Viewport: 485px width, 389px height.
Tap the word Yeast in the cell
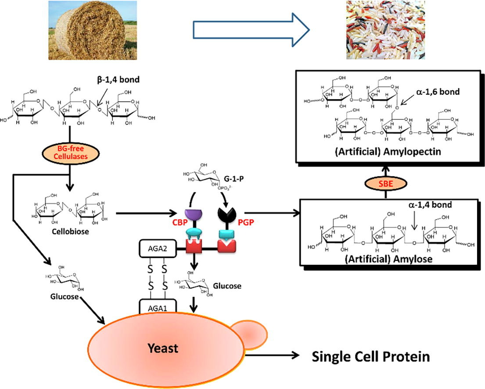click(x=163, y=348)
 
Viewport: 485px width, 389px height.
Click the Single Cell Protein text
click(x=371, y=356)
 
